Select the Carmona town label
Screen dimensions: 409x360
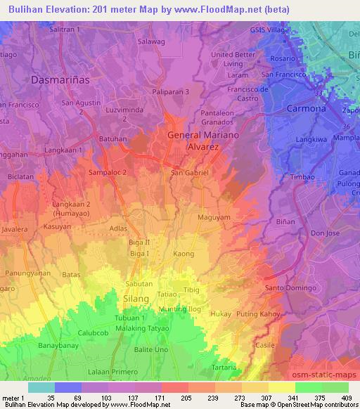(x=307, y=109)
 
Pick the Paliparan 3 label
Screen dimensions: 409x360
(x=171, y=91)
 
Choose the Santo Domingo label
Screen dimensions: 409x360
(x=288, y=288)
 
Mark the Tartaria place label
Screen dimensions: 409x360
(x=224, y=368)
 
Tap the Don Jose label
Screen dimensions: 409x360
(x=326, y=233)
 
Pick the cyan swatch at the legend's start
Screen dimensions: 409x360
(x=41, y=387)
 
